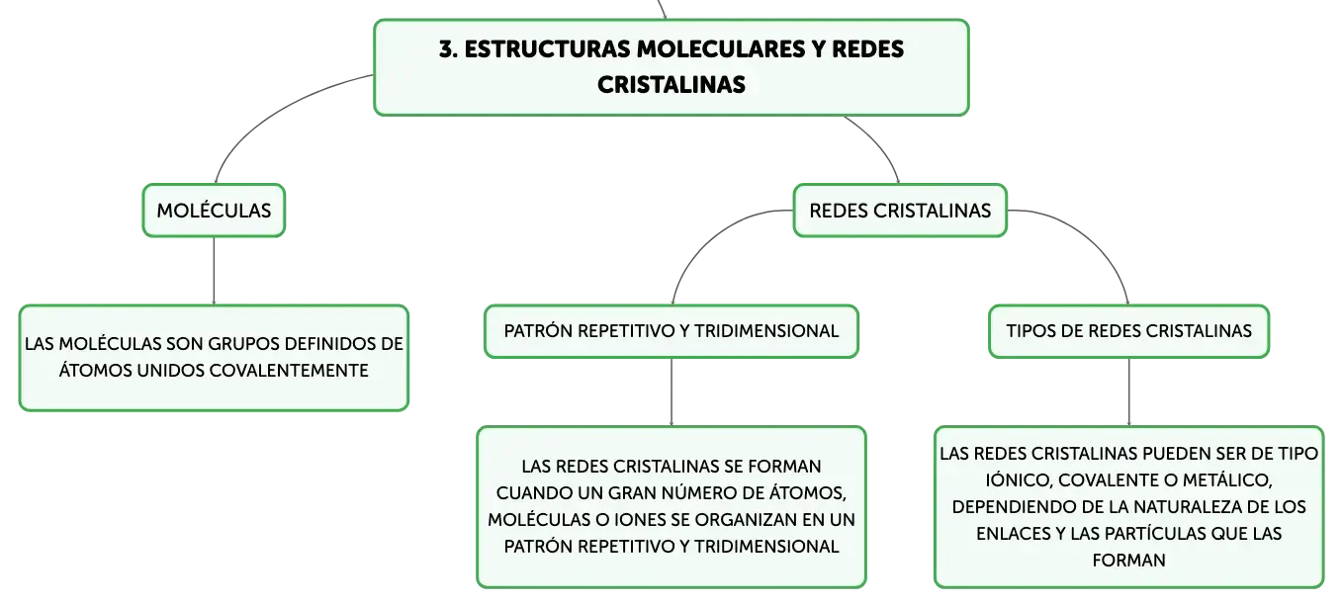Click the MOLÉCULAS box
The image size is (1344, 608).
(214, 211)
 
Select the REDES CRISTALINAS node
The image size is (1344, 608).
(900, 211)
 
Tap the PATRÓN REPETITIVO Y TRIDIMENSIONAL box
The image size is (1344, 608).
(672, 331)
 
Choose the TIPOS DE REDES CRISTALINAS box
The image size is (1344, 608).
(1128, 331)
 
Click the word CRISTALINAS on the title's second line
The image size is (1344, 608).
(671, 84)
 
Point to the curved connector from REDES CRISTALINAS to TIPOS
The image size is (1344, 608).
(1088, 237)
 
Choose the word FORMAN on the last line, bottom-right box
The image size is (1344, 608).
(1128, 560)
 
